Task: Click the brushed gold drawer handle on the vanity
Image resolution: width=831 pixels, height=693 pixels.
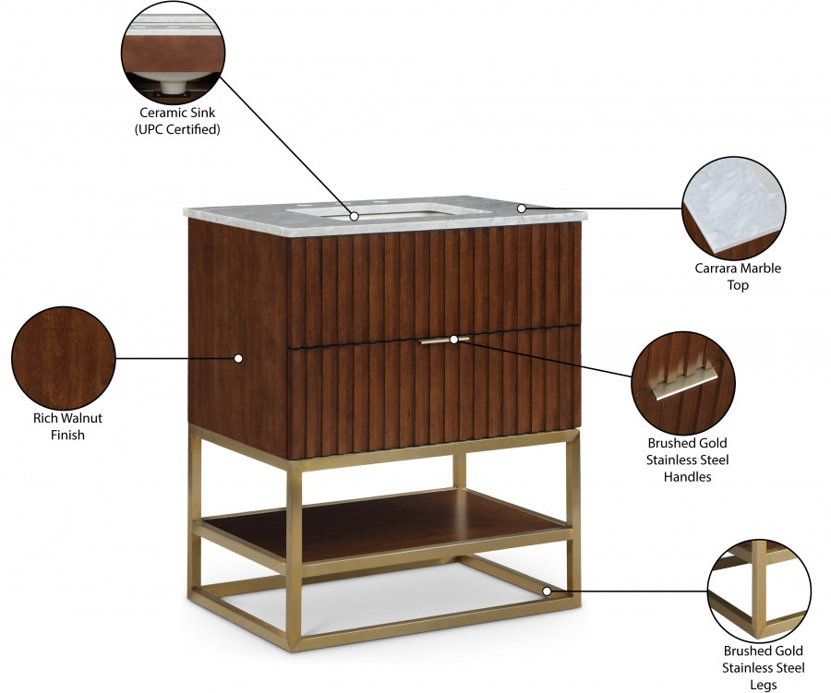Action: coord(443,341)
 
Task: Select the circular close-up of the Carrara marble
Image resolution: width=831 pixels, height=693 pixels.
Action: coord(733,208)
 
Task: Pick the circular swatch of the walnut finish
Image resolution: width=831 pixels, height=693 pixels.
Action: coord(63,357)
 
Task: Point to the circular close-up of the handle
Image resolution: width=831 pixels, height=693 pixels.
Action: coord(683,381)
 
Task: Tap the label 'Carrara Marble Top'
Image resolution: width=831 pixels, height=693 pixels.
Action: coord(737,277)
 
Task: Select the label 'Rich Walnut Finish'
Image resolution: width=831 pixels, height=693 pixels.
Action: coord(67,425)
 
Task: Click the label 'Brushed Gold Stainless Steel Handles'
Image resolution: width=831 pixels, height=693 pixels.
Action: coord(686,460)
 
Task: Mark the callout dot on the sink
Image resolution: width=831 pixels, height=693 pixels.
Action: coord(355,216)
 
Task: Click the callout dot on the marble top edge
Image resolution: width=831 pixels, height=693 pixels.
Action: coord(521,209)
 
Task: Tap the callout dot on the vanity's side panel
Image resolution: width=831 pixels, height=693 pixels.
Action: coord(237,357)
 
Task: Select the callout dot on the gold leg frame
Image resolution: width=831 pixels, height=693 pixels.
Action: coord(547,591)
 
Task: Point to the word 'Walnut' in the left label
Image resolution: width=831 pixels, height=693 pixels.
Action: coord(81,418)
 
